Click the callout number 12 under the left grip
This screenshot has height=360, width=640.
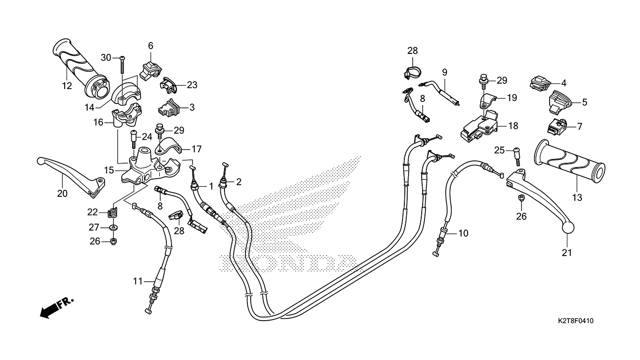pyautogui.click(x=67, y=85)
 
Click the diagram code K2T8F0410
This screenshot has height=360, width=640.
pyautogui.click(x=576, y=321)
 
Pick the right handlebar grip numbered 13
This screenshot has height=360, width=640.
pyautogui.click(x=569, y=161)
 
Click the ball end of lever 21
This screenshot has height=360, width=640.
pyautogui.click(x=568, y=228)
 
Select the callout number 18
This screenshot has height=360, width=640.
pyautogui.click(x=513, y=126)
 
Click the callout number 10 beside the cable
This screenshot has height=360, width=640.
pyautogui.click(x=463, y=233)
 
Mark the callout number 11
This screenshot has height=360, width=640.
pyautogui.click(x=138, y=281)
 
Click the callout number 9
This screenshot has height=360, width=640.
pyautogui.click(x=445, y=72)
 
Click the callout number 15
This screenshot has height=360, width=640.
pyautogui.click(x=109, y=171)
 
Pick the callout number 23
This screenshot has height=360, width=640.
pyautogui.click(x=192, y=85)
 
